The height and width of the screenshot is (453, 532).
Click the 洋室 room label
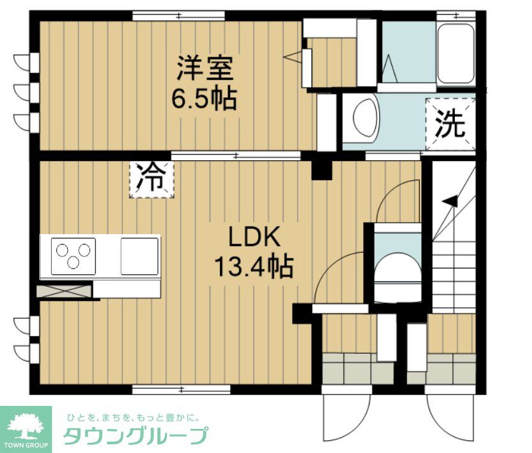205,67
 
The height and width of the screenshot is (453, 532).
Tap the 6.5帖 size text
205,99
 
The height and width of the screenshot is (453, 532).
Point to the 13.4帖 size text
253,266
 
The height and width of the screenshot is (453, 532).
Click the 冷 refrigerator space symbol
152,179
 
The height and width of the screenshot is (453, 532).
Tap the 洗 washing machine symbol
450,125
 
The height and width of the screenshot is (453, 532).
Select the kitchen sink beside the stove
139,255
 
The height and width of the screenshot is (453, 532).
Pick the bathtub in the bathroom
456,53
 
